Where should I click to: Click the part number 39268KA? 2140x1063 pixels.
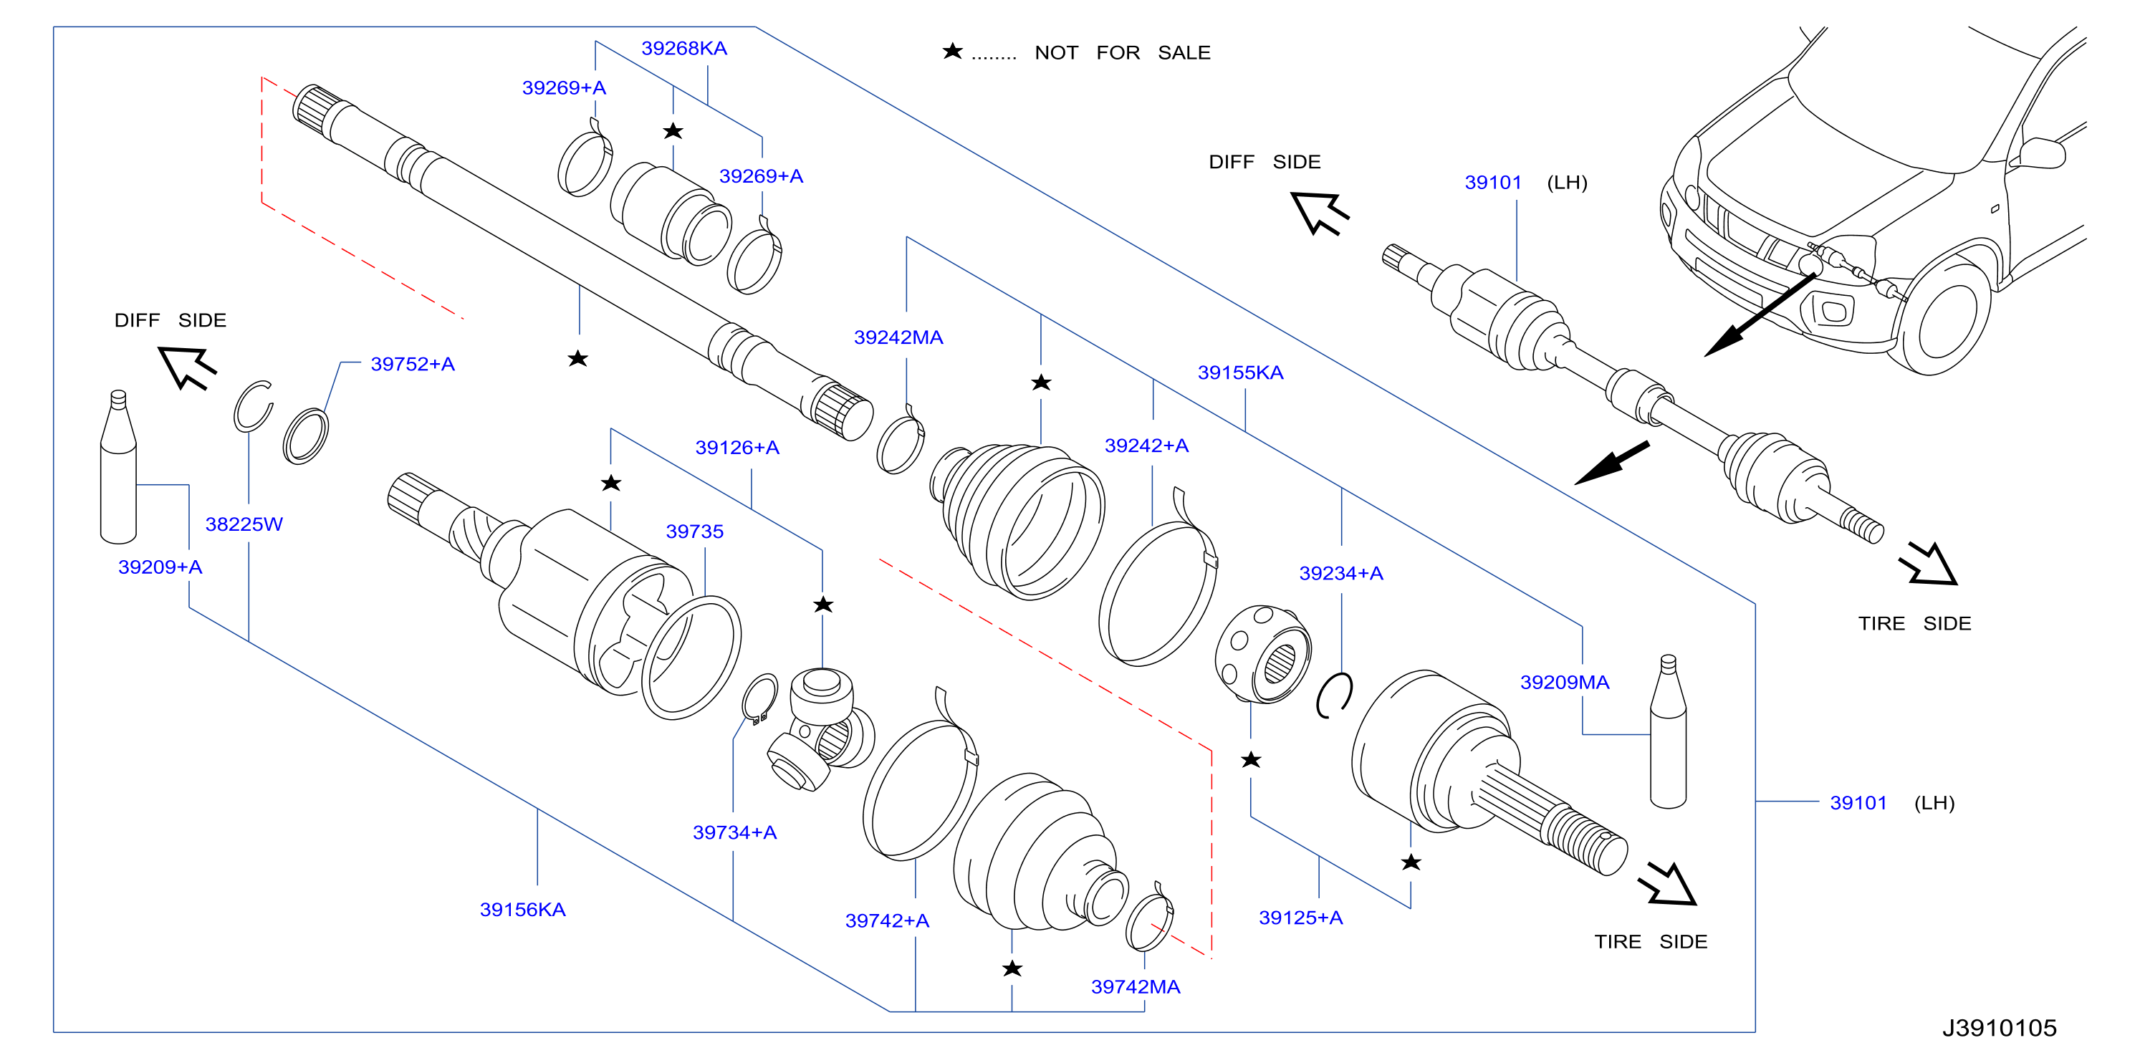(683, 48)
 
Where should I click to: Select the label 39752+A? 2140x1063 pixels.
(412, 364)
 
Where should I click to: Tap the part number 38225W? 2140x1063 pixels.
(244, 524)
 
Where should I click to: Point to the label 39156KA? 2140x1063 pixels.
(522, 910)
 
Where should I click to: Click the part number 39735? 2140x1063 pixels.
(694, 531)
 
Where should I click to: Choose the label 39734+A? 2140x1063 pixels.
(734, 832)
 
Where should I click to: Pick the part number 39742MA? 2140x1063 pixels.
(1135, 986)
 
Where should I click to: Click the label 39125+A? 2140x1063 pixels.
(1300, 918)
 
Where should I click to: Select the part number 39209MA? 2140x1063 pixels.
(1564, 682)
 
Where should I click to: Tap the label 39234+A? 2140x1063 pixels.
(1341, 573)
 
